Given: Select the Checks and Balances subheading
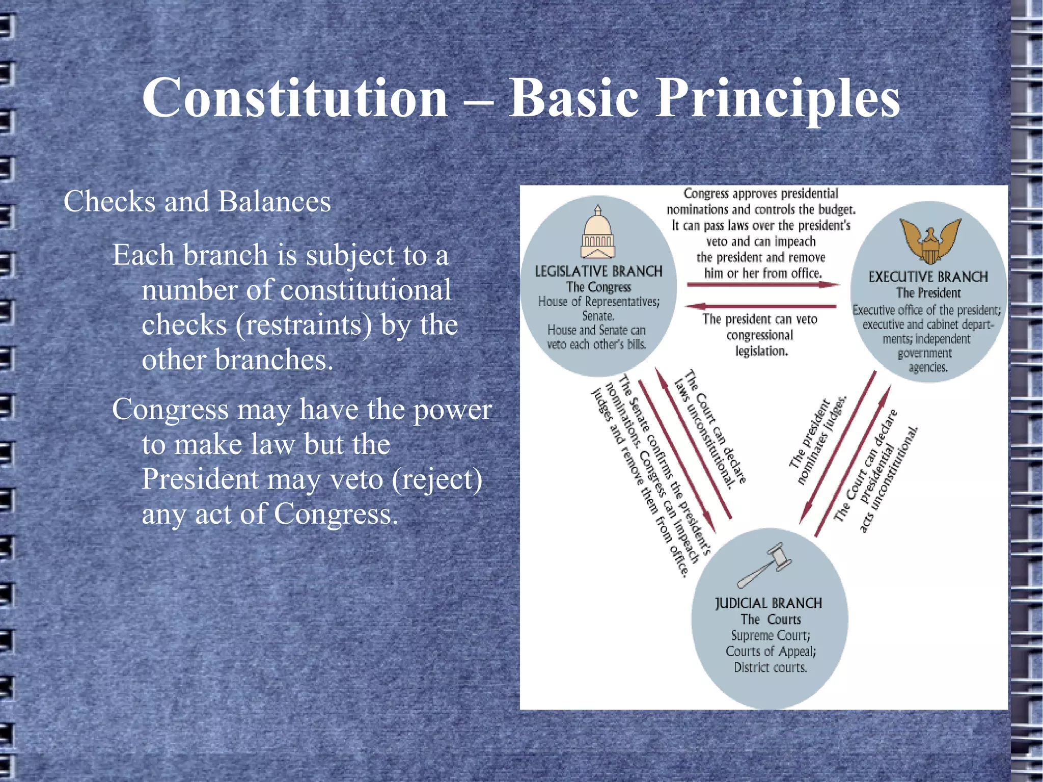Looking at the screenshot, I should [x=197, y=201].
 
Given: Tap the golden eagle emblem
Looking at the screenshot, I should [x=930, y=240].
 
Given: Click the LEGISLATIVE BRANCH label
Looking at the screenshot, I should [x=598, y=271].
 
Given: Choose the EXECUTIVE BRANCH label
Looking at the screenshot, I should [x=928, y=277].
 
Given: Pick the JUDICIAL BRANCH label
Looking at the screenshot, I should [x=768, y=604].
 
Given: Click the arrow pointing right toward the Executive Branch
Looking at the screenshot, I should [x=763, y=284].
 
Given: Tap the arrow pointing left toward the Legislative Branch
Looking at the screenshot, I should [x=761, y=306].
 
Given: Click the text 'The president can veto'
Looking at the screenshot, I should [x=760, y=319].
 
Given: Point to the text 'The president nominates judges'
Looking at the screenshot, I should [x=817, y=441].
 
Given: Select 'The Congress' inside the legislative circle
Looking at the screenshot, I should [x=598, y=287].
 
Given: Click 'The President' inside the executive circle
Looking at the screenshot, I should [x=928, y=293].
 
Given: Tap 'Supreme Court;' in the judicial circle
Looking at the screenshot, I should [x=770, y=635].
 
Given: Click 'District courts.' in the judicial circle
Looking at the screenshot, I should [x=770, y=667].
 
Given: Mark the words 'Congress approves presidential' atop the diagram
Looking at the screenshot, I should [x=760, y=194].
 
